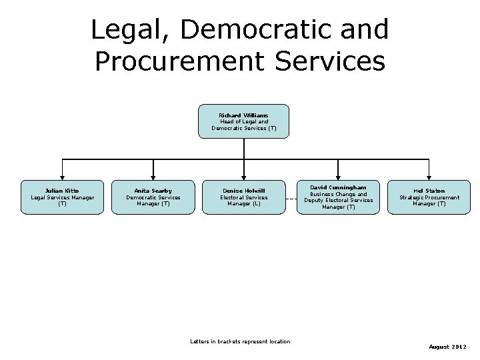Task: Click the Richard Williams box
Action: coord(243,121)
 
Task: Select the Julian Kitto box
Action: coord(62,197)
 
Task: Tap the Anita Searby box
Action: coord(153,197)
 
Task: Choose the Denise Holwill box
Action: coord(244,197)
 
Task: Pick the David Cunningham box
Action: coord(339,197)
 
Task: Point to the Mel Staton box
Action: coord(429,197)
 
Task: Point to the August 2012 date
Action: coord(447,347)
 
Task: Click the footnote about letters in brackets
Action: coord(240,342)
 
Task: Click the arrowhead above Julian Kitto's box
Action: coord(62,177)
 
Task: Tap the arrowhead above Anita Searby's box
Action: coord(153,177)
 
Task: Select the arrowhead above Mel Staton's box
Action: coord(429,177)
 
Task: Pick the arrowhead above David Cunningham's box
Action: coord(339,177)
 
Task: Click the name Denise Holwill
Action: coord(244,191)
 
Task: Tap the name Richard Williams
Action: coord(243,115)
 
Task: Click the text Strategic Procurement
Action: coord(429,197)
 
